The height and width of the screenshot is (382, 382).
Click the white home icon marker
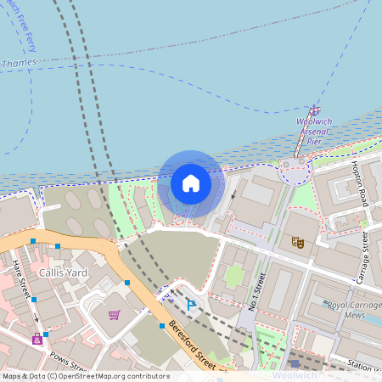(x=191, y=183)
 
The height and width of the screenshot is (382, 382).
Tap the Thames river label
(x=19, y=63)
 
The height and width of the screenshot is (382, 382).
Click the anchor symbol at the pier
(x=314, y=110)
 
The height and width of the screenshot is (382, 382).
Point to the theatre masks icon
(x=298, y=242)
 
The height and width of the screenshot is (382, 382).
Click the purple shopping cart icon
(x=114, y=315)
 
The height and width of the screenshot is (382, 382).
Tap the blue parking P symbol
(x=191, y=303)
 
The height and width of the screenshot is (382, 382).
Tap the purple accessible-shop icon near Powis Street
(x=37, y=339)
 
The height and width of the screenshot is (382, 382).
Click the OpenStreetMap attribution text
(x=85, y=376)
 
